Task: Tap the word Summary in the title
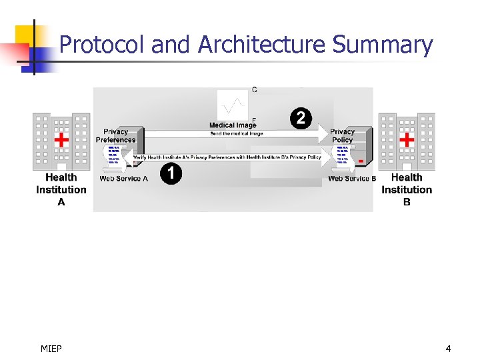click(x=383, y=45)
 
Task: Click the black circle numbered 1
click(x=171, y=174)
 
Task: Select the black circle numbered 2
click(x=301, y=119)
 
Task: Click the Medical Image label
click(x=233, y=125)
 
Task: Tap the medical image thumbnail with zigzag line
click(x=233, y=105)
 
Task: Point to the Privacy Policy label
click(x=342, y=136)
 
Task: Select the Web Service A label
click(x=124, y=179)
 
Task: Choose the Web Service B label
click(x=352, y=179)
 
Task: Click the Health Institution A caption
click(x=61, y=189)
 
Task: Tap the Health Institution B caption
click(x=407, y=189)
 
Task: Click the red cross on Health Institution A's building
click(x=61, y=139)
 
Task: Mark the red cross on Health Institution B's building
click(x=407, y=139)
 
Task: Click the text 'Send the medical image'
click(x=237, y=133)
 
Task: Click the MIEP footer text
click(x=51, y=348)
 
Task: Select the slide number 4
click(x=448, y=348)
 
